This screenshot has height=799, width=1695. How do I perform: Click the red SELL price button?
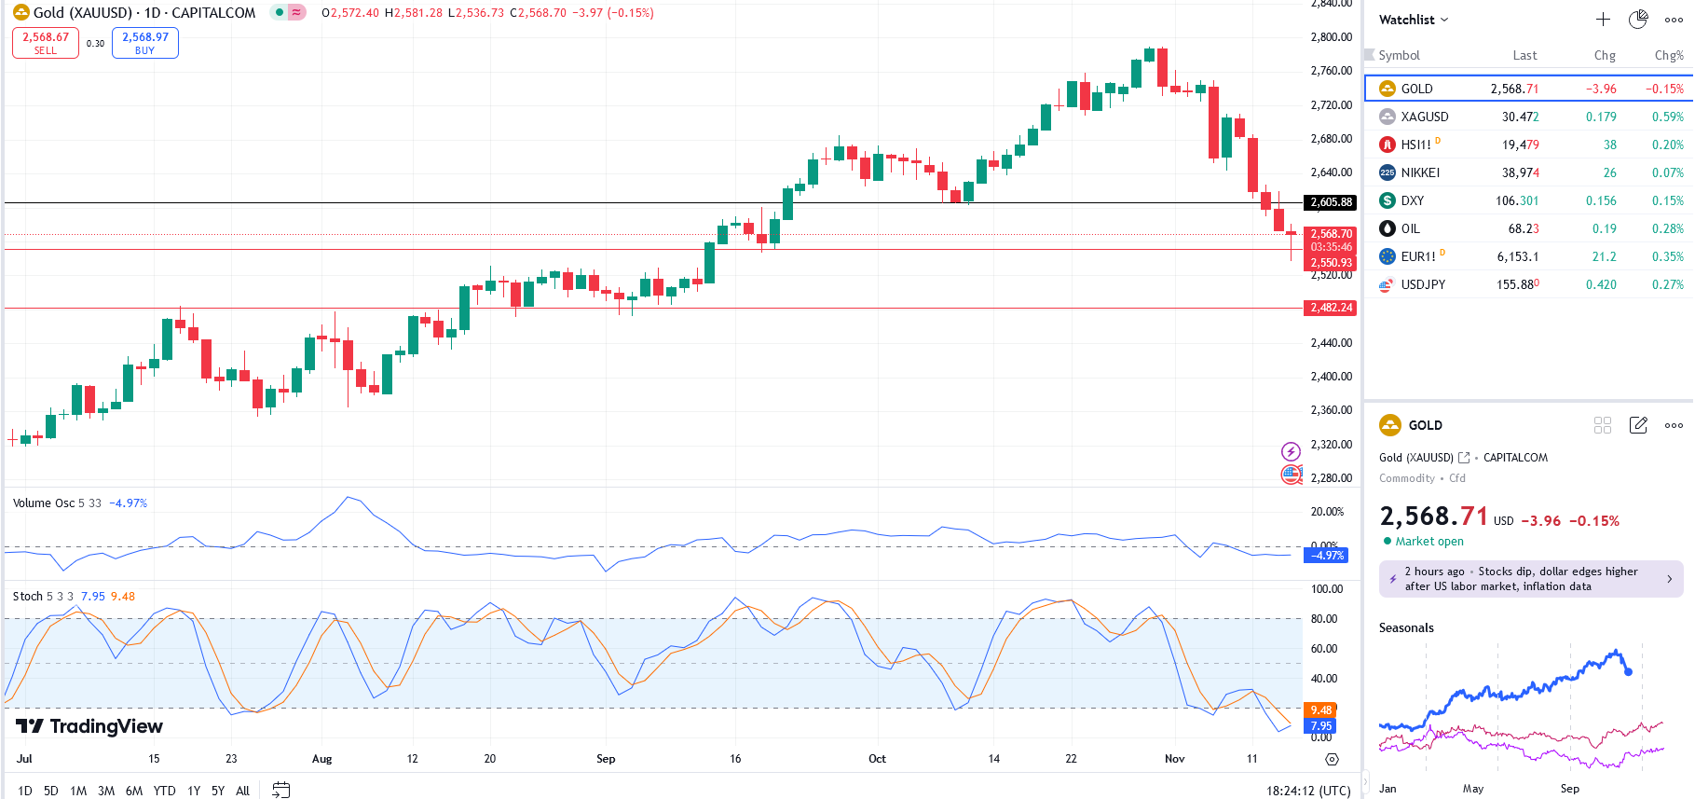tap(46, 43)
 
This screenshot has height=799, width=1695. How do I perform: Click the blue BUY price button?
tap(144, 43)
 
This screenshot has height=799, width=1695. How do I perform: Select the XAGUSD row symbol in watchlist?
tap(1424, 117)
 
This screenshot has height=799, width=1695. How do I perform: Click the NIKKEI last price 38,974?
tap(1520, 172)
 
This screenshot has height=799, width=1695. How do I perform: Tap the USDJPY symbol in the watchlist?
tap(1423, 284)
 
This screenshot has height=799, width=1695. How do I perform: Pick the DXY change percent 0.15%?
tap(1667, 200)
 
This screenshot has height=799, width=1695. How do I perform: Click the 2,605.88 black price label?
tap(1331, 202)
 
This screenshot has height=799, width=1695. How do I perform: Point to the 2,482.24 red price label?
tap(1331, 308)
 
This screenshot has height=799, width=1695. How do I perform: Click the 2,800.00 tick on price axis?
tap(1331, 37)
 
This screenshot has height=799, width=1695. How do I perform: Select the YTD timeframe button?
tap(164, 791)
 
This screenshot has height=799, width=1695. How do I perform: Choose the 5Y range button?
tap(218, 791)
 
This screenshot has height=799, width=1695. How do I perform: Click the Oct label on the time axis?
tap(877, 759)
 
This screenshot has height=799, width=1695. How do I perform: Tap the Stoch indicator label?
tap(28, 597)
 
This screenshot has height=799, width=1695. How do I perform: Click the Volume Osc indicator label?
tap(44, 503)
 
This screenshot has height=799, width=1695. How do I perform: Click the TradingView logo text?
tap(104, 726)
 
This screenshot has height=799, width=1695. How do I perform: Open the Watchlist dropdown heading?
tap(1413, 20)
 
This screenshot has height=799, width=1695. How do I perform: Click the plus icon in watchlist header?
tap(1603, 20)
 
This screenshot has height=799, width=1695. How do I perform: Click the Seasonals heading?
tap(1406, 627)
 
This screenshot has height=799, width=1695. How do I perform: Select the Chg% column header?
tap(1668, 55)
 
